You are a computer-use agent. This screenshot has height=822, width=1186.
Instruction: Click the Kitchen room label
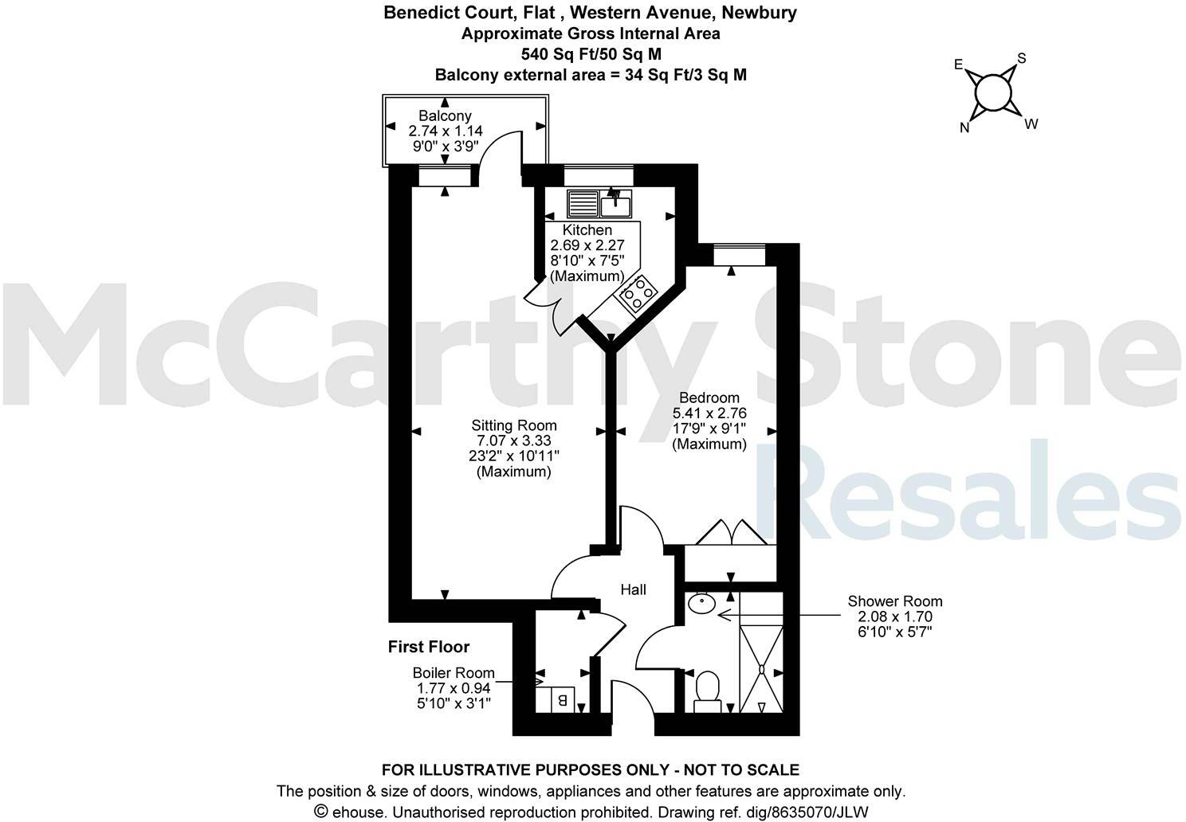click(x=587, y=230)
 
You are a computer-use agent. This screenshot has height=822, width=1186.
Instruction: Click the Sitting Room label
click(x=514, y=425)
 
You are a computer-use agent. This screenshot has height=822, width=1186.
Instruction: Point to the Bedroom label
click(x=709, y=397)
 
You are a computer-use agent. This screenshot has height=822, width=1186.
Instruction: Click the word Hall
click(x=634, y=589)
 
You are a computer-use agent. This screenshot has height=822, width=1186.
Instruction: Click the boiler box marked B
click(x=561, y=700)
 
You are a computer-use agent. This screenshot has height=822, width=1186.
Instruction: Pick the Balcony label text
click(x=446, y=115)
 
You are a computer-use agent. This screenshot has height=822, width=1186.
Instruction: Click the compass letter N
click(x=964, y=129)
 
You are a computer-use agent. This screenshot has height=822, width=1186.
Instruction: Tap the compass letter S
click(x=1021, y=58)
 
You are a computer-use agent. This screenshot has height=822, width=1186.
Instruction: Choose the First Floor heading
click(x=429, y=647)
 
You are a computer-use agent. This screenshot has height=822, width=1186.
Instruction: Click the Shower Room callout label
click(x=895, y=601)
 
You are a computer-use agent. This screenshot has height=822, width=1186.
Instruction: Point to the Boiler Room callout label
click(x=454, y=672)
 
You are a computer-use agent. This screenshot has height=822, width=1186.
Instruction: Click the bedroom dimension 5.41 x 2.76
click(x=709, y=413)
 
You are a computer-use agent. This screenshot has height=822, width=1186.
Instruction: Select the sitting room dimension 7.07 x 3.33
click(x=514, y=440)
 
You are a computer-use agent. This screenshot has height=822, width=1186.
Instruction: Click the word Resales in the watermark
click(x=976, y=493)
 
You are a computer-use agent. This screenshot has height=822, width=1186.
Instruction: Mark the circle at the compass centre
click(x=992, y=92)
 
